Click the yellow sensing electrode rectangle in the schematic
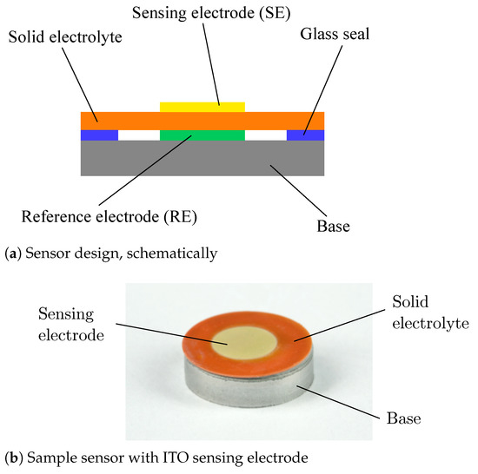point(202,107)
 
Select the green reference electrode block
point(202,135)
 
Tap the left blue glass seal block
point(98,135)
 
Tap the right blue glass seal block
point(306,135)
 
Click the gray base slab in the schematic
point(202,159)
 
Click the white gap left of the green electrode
point(140,135)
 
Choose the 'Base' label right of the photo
point(404,419)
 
